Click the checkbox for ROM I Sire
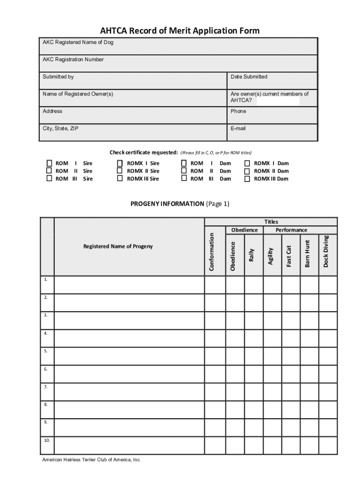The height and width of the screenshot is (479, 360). pyautogui.click(x=49, y=163)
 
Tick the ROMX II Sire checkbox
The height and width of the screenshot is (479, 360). pyautogui.click(x=120, y=171)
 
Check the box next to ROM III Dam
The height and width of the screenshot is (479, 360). pyautogui.click(x=184, y=178)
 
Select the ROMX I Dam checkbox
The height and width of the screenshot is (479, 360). pyautogui.click(x=247, y=163)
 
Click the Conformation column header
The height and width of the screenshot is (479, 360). pyautogui.click(x=212, y=252)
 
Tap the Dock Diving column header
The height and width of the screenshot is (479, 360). pyautogui.click(x=326, y=251)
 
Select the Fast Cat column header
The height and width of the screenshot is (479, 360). pyautogui.click(x=289, y=256)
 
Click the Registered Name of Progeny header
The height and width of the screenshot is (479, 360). pyautogui.click(x=118, y=246)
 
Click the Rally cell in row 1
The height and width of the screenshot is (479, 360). pyautogui.click(x=253, y=284)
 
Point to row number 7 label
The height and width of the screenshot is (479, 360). pyautogui.click(x=46, y=387)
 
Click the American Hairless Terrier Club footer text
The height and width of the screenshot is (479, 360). pyautogui.click(x=91, y=460)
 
